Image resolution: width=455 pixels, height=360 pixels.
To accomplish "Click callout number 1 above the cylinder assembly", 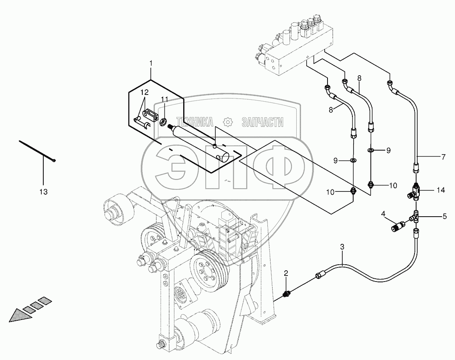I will (151, 63).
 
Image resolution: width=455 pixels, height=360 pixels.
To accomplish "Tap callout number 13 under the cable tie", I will (43, 192).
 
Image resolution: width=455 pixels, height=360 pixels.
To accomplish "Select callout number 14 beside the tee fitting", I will (441, 190).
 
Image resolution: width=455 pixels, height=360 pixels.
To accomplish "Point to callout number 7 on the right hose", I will (443, 157).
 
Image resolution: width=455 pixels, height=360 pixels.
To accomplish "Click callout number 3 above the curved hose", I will (342, 247).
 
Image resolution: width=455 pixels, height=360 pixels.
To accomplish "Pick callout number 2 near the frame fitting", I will (286, 274).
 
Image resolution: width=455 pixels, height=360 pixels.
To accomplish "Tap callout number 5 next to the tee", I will (444, 217).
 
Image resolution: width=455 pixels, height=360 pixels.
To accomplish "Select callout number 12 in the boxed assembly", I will (144, 93).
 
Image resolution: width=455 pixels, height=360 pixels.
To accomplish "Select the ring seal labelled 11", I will (164, 122).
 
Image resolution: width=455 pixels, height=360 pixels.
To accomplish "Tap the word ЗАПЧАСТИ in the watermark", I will (262, 122).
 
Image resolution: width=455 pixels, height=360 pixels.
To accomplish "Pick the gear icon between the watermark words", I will (228, 122).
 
